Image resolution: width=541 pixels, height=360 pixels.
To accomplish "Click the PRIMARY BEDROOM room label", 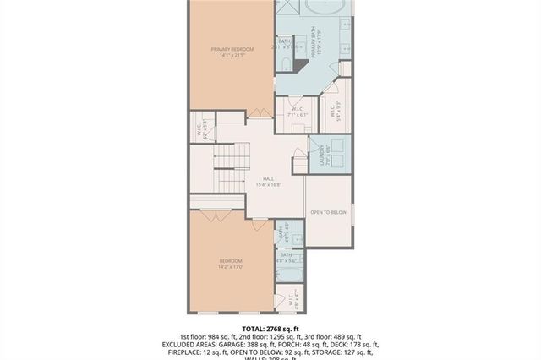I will [232, 50].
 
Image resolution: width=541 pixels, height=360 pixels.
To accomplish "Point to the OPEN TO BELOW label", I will [328, 212].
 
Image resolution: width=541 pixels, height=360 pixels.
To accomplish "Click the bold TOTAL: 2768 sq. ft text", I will [270, 329].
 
